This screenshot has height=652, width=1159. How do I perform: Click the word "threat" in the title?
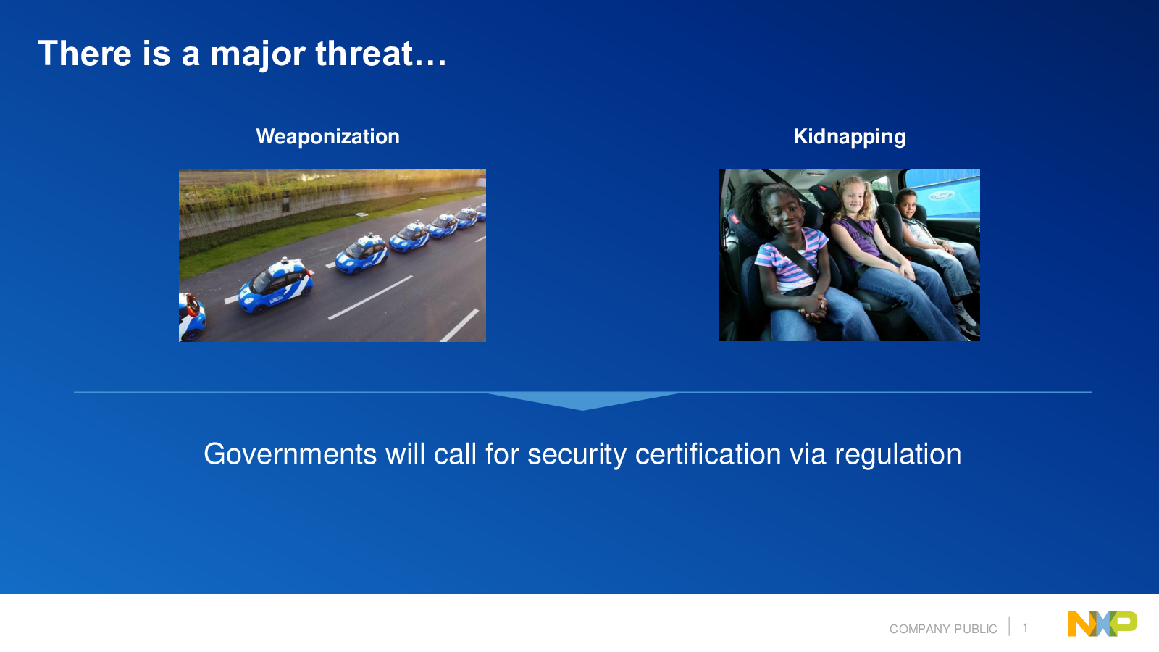pyautogui.click(x=365, y=54)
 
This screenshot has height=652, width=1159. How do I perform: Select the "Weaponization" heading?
pyautogui.click(x=327, y=137)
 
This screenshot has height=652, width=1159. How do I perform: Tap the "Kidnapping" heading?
pyautogui.click(x=849, y=137)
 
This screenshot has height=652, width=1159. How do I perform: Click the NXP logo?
pyautogui.click(x=1102, y=624)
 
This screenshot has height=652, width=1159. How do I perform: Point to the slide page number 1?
pyautogui.click(x=1025, y=627)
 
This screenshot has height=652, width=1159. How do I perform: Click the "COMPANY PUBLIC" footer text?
pyautogui.click(x=942, y=629)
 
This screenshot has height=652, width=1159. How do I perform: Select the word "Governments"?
pyautogui.click(x=290, y=454)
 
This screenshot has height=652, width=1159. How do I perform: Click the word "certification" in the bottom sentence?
pyautogui.click(x=707, y=454)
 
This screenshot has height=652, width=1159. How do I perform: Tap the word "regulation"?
pyautogui.click(x=898, y=455)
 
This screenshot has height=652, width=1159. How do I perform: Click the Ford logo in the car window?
pyautogui.click(x=940, y=196)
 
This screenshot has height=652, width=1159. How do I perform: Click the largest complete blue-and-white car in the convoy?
pyautogui.click(x=276, y=286)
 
